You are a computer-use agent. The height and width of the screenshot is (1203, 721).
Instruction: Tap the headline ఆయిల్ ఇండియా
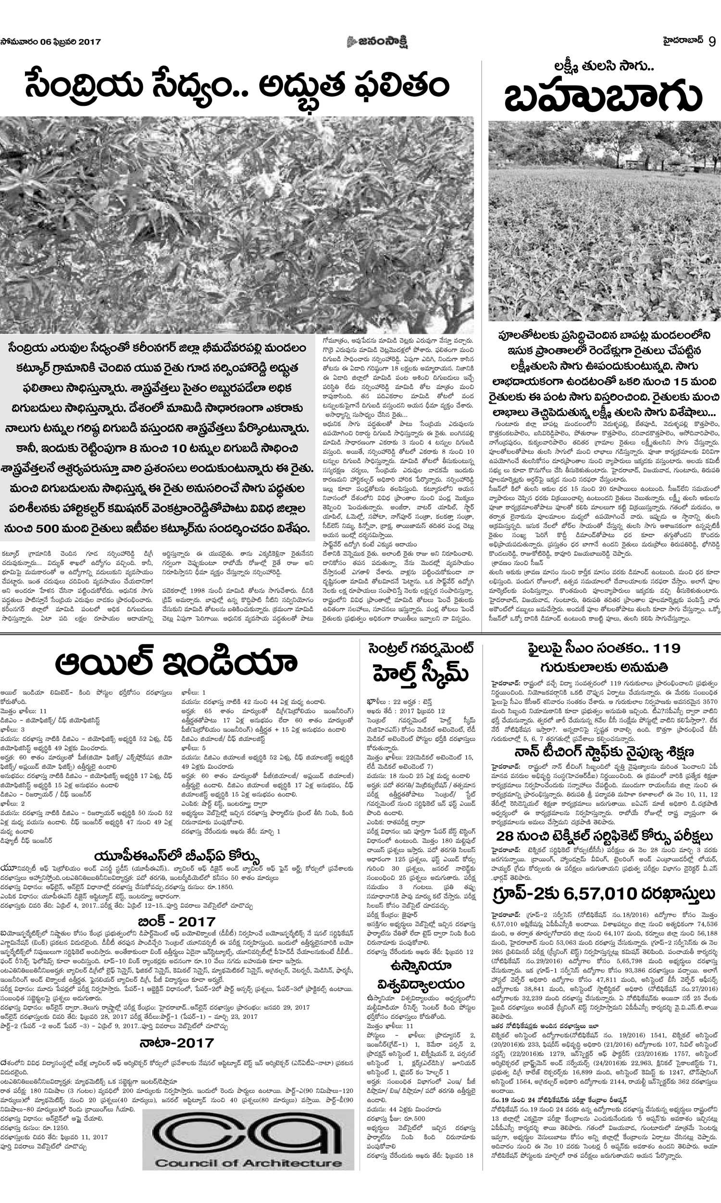(176, 662)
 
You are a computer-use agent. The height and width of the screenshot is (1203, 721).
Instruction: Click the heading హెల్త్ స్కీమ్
(420, 676)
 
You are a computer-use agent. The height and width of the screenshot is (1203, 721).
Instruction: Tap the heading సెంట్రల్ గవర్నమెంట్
(420, 649)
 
